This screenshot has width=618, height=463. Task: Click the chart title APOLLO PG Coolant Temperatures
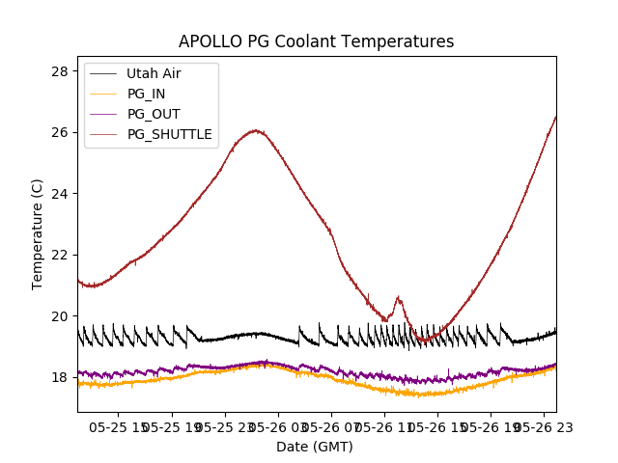[x=316, y=42]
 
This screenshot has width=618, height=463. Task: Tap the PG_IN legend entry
[x=146, y=94]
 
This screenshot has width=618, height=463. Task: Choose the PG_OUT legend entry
[x=153, y=114]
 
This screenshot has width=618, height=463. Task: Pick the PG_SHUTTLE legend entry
[x=169, y=134]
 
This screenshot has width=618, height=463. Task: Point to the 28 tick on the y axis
[x=59, y=71]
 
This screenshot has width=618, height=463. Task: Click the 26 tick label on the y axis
[x=59, y=132]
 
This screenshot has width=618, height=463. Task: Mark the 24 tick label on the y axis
[x=59, y=194]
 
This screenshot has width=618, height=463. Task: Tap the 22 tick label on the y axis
[x=59, y=255]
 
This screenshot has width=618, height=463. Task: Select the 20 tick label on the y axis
[x=59, y=316]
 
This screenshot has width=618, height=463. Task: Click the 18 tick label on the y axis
[x=59, y=377]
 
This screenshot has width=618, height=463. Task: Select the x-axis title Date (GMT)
[x=315, y=447]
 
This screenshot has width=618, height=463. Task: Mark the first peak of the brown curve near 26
[x=255, y=130]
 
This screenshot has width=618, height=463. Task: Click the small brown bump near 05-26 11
[x=398, y=298]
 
